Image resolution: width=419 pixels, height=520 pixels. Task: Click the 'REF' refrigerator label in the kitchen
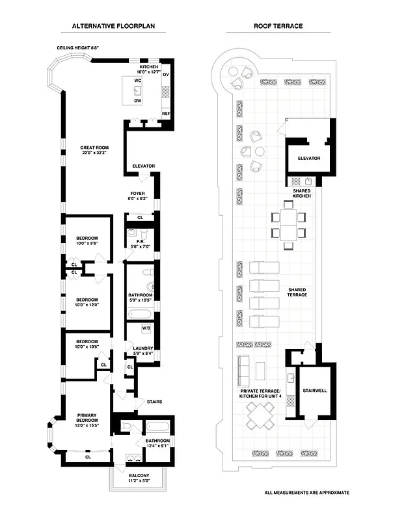click(166, 113)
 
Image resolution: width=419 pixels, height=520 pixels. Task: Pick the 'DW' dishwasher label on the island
click(138, 101)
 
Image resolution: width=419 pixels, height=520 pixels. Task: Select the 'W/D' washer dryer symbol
click(146, 328)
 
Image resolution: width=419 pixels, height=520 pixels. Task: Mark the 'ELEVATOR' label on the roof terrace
click(309, 158)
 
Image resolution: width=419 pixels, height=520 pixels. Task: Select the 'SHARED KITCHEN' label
click(301, 193)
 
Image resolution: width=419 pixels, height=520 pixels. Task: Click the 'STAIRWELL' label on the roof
click(315, 391)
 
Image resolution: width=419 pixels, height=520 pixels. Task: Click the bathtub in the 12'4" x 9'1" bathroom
click(158, 427)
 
